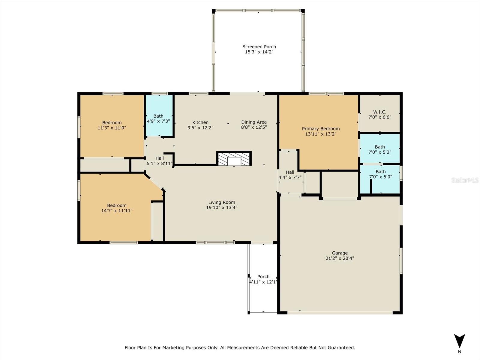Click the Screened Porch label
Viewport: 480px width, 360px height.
[259, 47]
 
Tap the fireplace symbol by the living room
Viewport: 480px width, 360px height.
[234, 159]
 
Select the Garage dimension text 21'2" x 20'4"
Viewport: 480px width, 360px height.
[340, 258]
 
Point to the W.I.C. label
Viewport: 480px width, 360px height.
[379, 112]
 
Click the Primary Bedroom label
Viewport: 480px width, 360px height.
[321, 129]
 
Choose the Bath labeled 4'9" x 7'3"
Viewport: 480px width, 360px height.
[158, 116]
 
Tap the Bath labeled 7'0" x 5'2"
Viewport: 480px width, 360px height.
[379, 147]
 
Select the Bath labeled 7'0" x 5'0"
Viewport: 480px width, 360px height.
[380, 172]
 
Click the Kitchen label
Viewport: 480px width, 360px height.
[200, 122]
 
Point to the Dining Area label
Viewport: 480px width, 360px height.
[254, 122]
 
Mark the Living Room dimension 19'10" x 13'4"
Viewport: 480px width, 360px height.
[222, 207]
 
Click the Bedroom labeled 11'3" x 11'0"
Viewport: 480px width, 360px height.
[112, 123]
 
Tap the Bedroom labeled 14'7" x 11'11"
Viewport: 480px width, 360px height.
[117, 205]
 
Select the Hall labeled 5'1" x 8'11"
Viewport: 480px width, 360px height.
[160, 158]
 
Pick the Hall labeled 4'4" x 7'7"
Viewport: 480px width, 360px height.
[290, 172]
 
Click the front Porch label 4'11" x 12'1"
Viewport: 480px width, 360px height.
[263, 277]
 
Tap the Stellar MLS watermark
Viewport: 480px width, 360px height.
[465, 180]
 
